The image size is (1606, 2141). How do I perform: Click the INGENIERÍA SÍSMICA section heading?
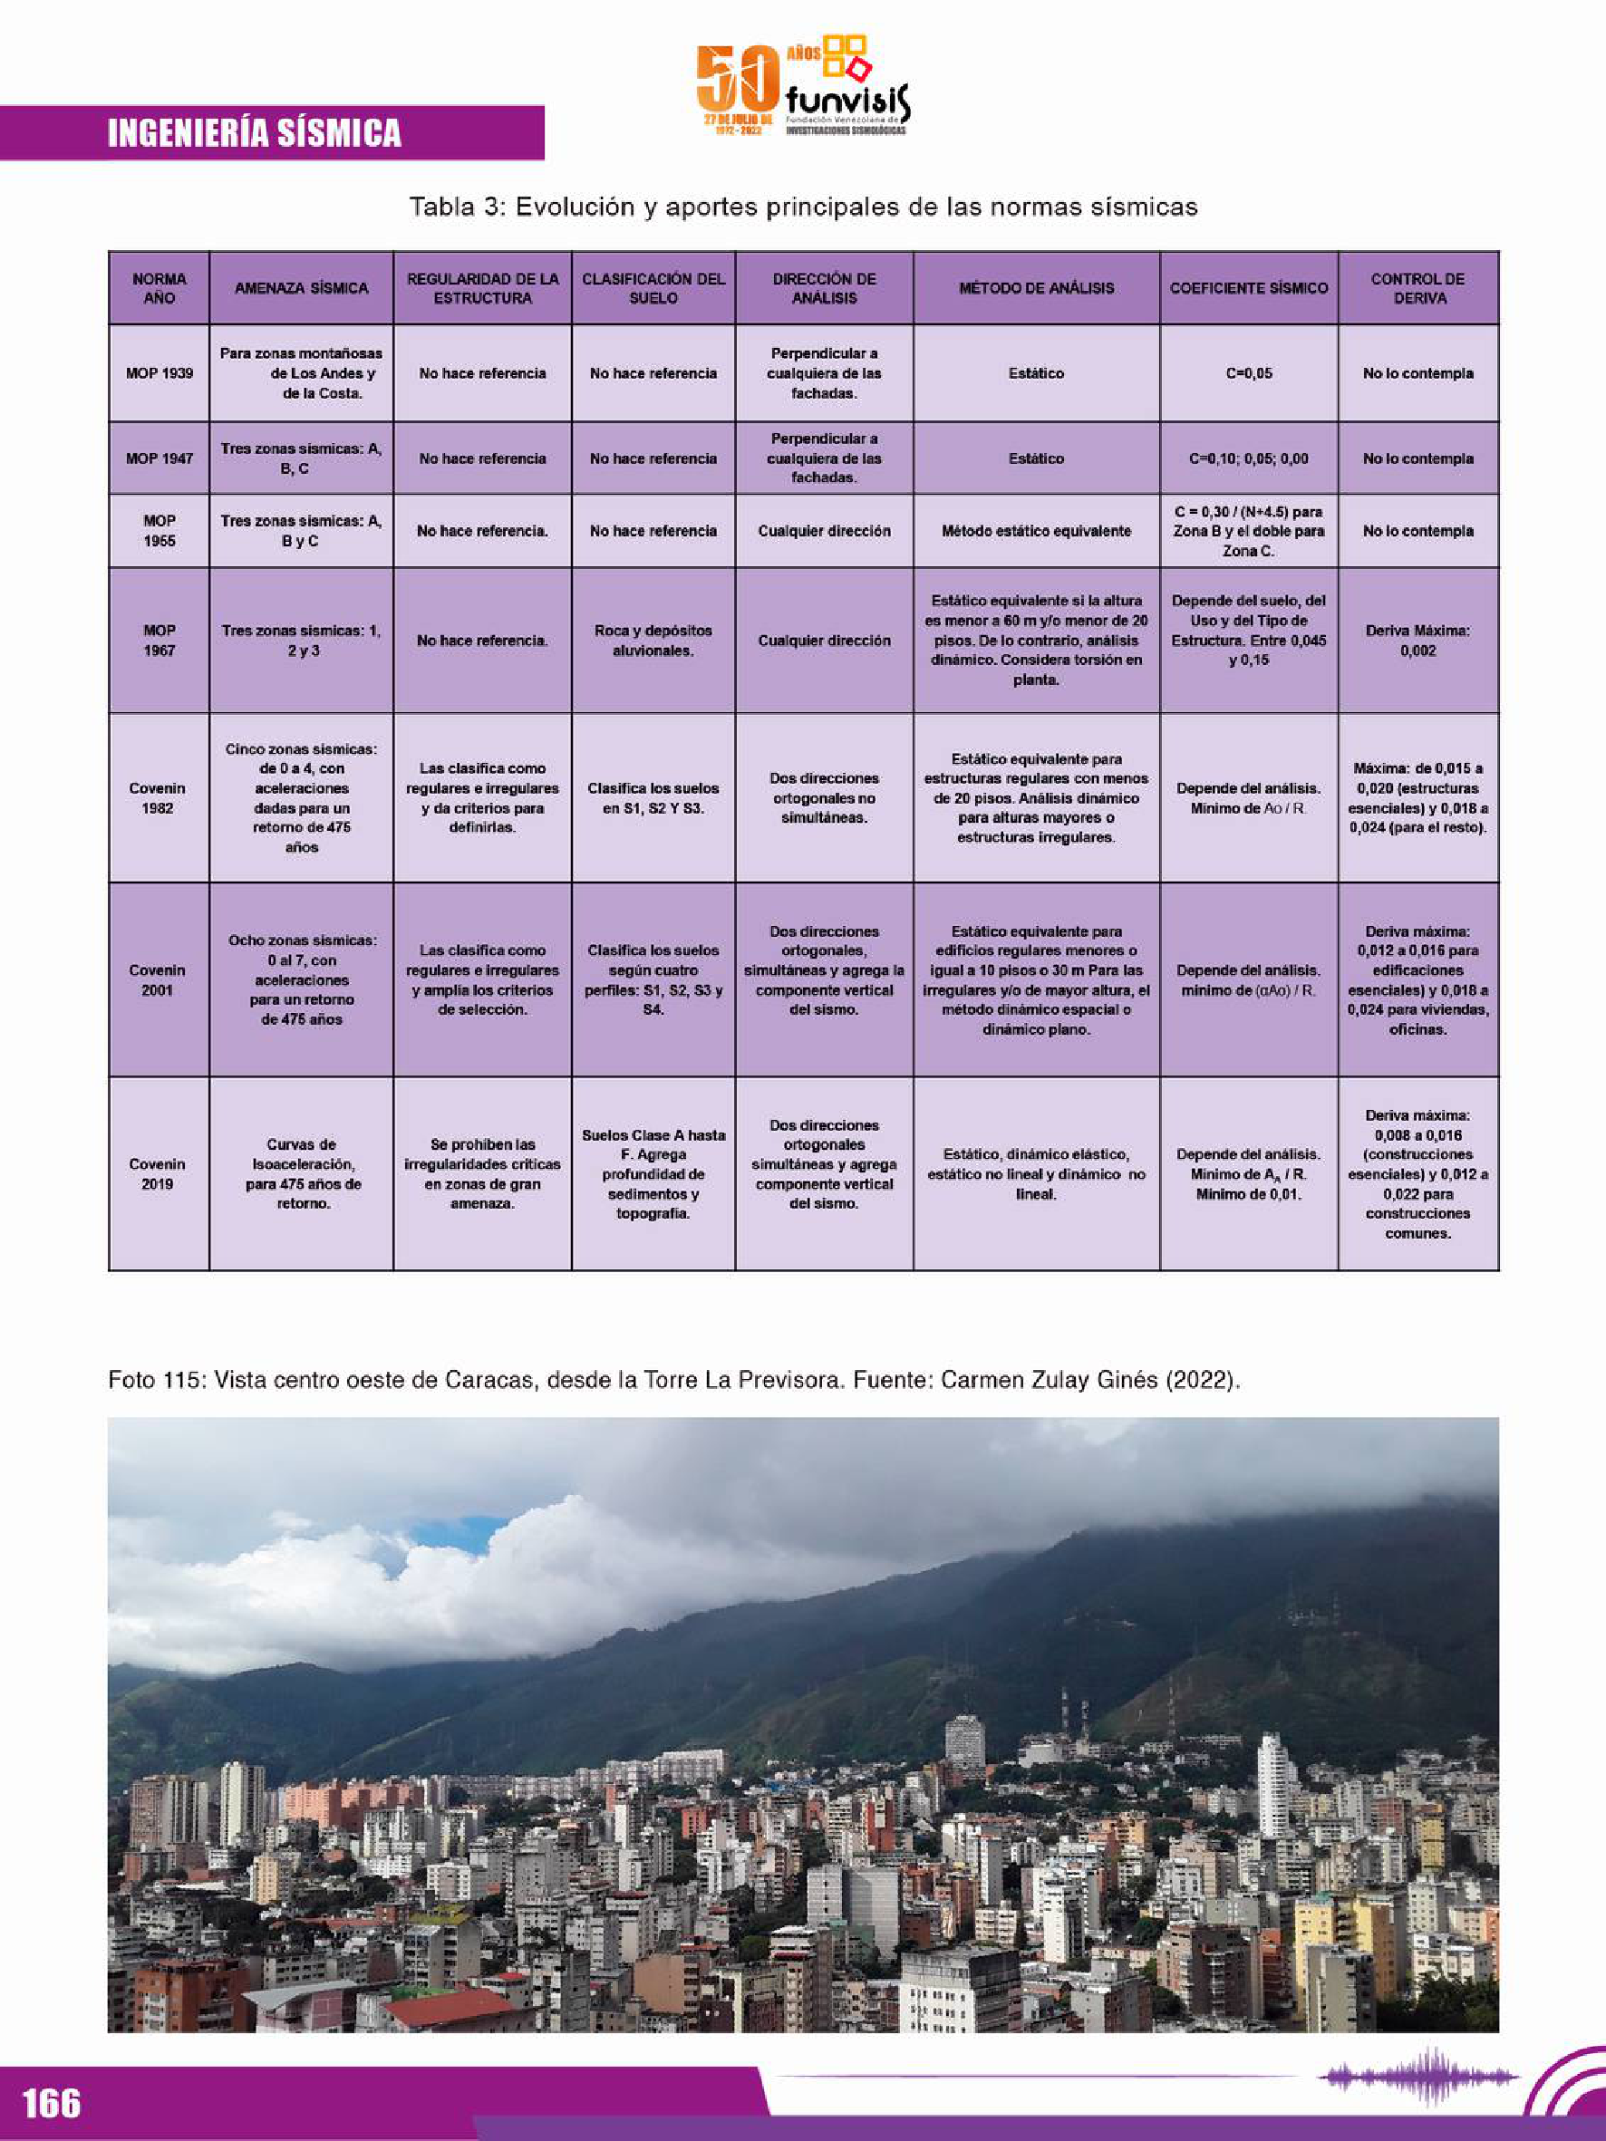255,133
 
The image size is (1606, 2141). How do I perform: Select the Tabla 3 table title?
802,207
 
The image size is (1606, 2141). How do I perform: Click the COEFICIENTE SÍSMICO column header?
1248,288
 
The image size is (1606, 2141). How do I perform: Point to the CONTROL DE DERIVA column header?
1417,288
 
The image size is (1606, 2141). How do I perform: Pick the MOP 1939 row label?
159,373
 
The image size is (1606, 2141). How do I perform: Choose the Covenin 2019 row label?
158,1173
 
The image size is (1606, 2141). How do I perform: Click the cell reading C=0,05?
1248,373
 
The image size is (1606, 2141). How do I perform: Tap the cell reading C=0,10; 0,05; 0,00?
1248,458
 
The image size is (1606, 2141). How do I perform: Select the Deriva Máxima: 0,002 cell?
1417,641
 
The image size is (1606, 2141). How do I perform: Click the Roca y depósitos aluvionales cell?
653,641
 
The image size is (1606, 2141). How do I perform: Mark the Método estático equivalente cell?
1036,531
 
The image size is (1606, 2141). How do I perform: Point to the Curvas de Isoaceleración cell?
301,1173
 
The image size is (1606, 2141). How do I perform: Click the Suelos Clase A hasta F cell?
653,1173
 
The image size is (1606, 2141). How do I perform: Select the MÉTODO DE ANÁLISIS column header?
1036,288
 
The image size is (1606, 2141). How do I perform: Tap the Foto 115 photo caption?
673,1380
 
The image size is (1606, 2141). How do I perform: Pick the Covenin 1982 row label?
158,797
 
